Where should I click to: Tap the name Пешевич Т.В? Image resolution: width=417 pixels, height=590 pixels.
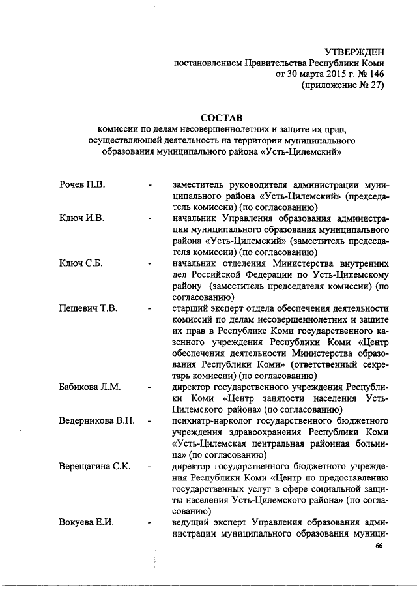[88, 308]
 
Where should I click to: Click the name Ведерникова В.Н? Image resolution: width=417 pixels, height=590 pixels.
[98, 421]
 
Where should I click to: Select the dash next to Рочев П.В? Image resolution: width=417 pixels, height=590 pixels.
[151, 186]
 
